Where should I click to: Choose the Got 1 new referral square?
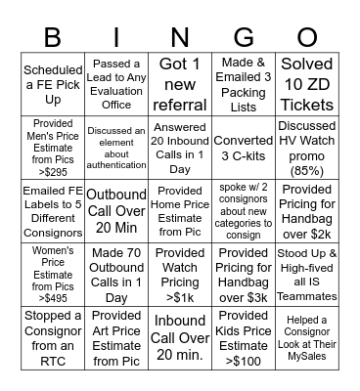[x=181, y=84]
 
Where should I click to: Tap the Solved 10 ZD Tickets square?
[x=306, y=84]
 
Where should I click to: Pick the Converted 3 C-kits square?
[x=244, y=147]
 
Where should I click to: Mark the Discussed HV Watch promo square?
[x=306, y=147]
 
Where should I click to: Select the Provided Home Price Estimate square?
[x=181, y=210]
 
